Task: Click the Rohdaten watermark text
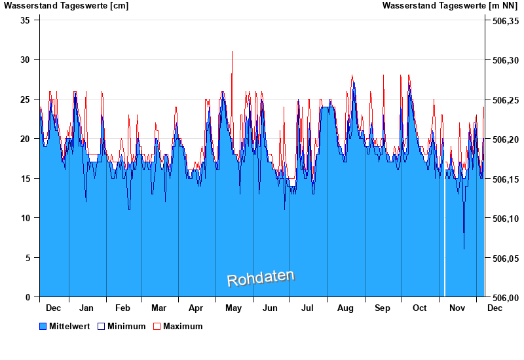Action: tap(261, 278)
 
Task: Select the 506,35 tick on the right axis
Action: tap(505, 21)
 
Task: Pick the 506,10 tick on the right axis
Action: tap(505, 219)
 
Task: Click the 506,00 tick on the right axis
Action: tap(505, 298)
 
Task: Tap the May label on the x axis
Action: tap(233, 308)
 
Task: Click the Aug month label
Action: tap(345, 308)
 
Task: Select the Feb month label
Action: tap(122, 308)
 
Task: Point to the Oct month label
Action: tap(419, 308)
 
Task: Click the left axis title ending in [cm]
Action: tap(66, 6)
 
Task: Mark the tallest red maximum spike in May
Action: tap(232, 52)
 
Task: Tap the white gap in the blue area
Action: tap(445, 262)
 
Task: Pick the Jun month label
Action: tap(270, 308)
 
